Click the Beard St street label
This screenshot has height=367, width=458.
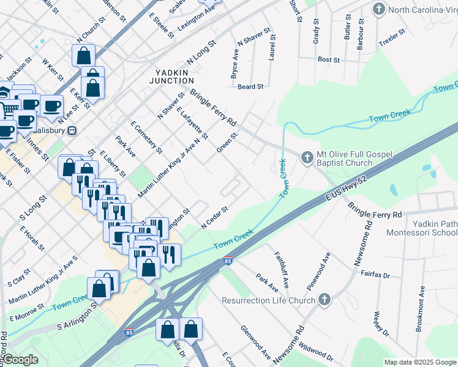(250, 87)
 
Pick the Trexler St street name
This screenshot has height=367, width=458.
(392, 39)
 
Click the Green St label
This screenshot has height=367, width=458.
(227, 141)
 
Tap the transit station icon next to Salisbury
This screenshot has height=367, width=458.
(72, 130)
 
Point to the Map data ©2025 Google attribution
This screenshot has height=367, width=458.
(419, 362)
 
